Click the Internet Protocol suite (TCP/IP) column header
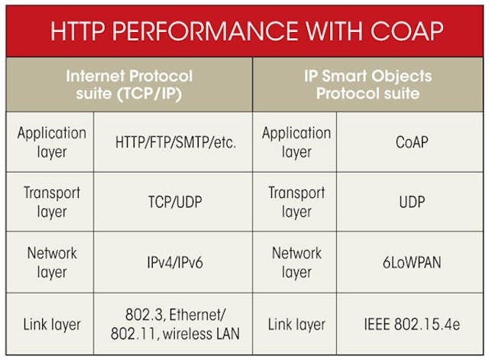(128, 84)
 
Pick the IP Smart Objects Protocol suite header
(368, 84)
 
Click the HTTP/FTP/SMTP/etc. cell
(174, 142)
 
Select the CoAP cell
(410, 142)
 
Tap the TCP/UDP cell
(174, 203)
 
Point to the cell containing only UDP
(410, 203)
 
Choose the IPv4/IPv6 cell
(174, 263)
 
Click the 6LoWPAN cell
(410, 263)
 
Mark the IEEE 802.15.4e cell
(410, 324)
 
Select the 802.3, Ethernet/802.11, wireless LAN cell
(174, 324)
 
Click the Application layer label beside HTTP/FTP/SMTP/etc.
(51, 142)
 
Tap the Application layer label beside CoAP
(296, 142)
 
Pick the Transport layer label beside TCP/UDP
(51, 203)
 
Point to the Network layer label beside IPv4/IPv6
(51, 263)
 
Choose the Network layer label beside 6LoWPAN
(296, 263)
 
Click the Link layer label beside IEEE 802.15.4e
(296, 324)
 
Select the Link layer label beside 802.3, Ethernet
(51, 324)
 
